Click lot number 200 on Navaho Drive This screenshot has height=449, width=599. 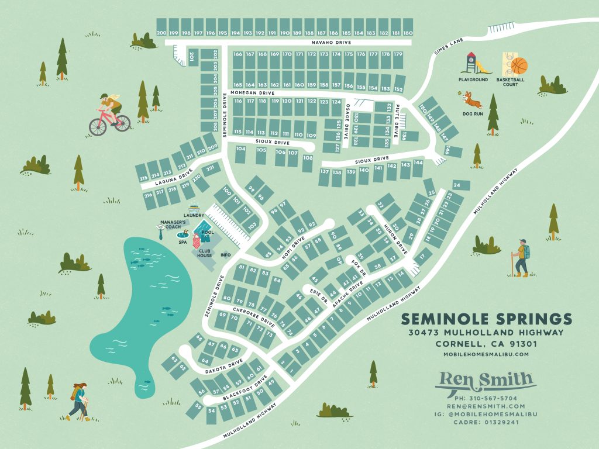pos(162,33)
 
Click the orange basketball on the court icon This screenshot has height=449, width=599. pos(518,65)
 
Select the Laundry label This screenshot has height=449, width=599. pos(195,215)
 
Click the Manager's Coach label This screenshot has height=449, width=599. pos(174,225)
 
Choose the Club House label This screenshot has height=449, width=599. pos(204,253)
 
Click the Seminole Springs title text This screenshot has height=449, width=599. pos(487,319)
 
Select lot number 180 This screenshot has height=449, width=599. pos(408,33)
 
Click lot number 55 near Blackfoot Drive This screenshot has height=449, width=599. pos(199,406)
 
